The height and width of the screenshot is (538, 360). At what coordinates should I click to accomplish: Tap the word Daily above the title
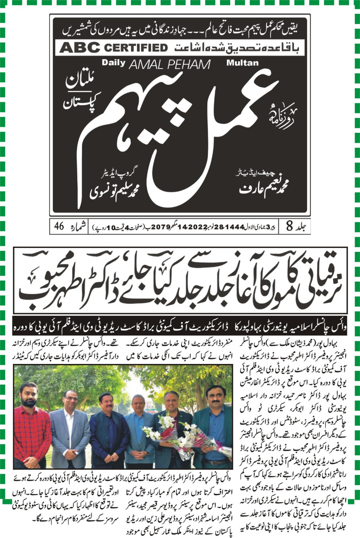click(113, 63)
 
